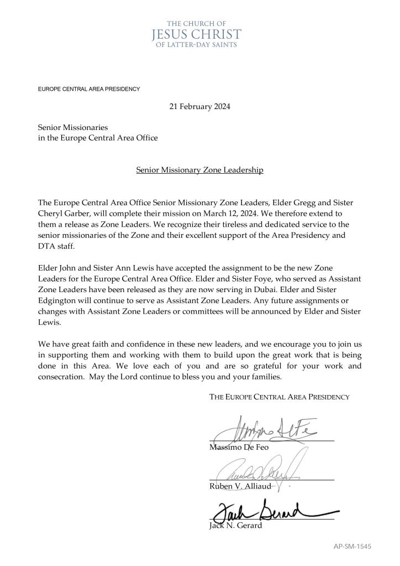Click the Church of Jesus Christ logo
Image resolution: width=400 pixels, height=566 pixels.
point(196,34)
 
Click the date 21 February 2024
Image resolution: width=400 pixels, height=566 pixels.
point(199,107)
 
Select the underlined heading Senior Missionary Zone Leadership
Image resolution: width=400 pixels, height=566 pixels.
point(199,170)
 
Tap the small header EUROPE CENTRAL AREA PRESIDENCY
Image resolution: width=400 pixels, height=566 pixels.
point(89,89)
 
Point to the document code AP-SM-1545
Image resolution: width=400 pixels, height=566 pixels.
point(352,546)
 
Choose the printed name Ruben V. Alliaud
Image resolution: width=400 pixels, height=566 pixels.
point(240,486)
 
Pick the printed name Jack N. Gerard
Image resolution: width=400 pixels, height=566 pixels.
point(235,526)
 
